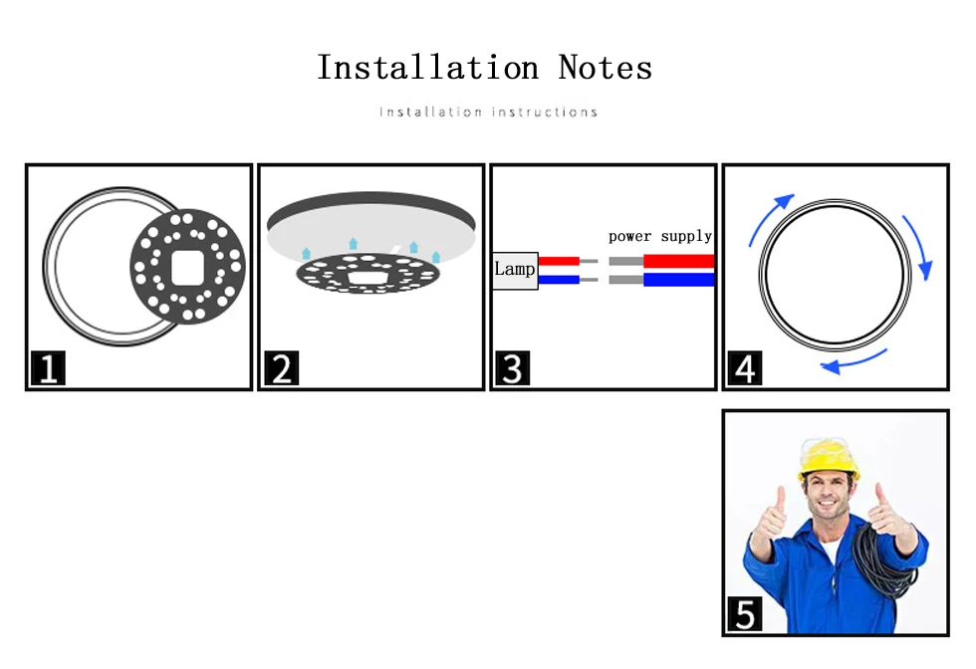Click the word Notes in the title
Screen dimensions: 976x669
[x=606, y=68]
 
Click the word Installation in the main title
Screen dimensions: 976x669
[x=427, y=68]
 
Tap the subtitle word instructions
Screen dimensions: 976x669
[x=545, y=112]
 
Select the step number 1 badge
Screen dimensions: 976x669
[x=48, y=367]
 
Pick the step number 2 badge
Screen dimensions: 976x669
[x=281, y=367]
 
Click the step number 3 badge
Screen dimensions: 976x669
[x=512, y=367]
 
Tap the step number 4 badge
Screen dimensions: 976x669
[x=745, y=367]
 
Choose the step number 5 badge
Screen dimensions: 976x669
[x=745, y=613]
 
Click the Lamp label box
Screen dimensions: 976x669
[x=515, y=271]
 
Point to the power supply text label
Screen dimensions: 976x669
[x=660, y=237]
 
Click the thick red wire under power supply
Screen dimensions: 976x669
[x=678, y=261]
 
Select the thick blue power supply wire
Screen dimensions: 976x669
[x=678, y=280]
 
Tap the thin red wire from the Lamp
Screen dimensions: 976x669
[x=559, y=262]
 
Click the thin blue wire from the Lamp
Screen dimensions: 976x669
[x=559, y=280]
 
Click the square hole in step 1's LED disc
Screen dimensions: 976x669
[x=187, y=268]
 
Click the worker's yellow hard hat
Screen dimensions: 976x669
[x=828, y=459]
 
